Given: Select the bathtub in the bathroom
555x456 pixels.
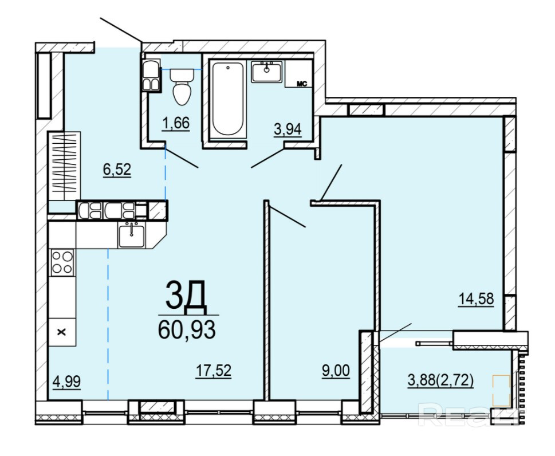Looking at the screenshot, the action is click(x=228, y=99).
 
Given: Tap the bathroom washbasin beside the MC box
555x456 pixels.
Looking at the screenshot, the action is click(x=266, y=72).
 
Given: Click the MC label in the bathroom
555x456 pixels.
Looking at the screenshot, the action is click(x=302, y=84).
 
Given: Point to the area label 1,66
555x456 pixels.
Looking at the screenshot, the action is click(x=176, y=123).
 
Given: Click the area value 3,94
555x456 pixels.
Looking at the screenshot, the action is click(x=288, y=129).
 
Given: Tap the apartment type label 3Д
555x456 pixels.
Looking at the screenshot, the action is click(x=186, y=296).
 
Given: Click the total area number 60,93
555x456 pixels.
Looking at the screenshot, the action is click(x=187, y=329).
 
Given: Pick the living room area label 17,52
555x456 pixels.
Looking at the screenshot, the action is click(x=214, y=371).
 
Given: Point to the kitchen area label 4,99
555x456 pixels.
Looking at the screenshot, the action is click(x=66, y=382).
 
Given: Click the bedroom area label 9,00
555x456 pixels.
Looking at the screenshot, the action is click(x=336, y=371).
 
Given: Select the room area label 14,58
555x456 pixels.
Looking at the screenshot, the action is click(x=476, y=299).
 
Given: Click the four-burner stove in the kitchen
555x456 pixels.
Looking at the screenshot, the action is click(x=62, y=262).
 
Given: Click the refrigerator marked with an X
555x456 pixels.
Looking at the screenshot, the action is click(x=62, y=332).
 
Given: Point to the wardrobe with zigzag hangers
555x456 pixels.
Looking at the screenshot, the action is click(x=64, y=166).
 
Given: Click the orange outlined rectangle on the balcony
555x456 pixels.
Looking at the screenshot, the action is click(x=501, y=391).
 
